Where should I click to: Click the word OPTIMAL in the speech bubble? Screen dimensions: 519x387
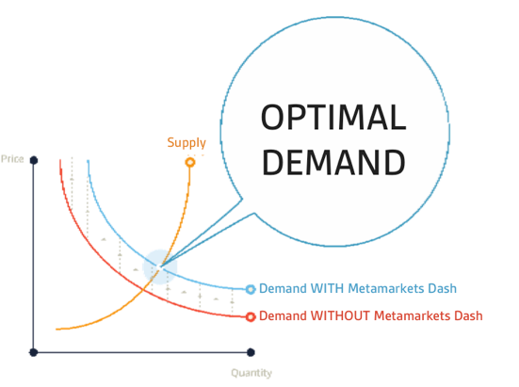[333, 117]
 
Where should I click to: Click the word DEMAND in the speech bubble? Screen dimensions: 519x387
[333, 162]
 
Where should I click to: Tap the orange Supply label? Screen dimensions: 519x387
[187, 143]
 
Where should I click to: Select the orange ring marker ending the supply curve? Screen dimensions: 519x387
[190, 162]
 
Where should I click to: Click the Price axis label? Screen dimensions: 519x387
[12, 159]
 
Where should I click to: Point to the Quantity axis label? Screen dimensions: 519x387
[251, 373]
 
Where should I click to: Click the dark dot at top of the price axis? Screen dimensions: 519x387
[34, 160]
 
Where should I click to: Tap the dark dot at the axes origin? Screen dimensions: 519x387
[33, 352]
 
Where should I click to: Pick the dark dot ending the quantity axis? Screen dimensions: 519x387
[251, 352]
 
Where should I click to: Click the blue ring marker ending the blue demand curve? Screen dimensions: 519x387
[251, 289]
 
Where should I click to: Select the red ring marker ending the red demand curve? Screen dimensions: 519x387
[251, 317]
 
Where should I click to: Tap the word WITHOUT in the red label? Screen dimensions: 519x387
[340, 315]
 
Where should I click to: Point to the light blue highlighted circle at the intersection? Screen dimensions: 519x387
[160, 266]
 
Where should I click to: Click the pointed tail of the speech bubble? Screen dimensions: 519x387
[160, 266]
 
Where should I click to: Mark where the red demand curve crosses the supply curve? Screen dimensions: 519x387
[143, 289]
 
